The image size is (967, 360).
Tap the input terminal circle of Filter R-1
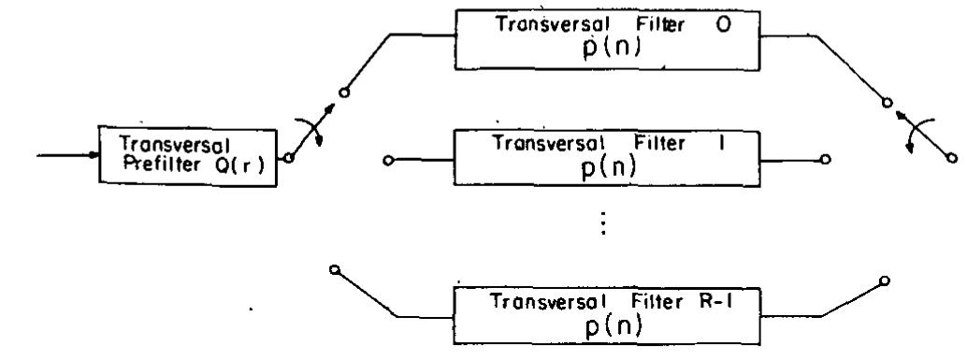click(x=334, y=269)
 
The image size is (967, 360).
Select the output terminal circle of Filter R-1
click(x=883, y=280)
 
